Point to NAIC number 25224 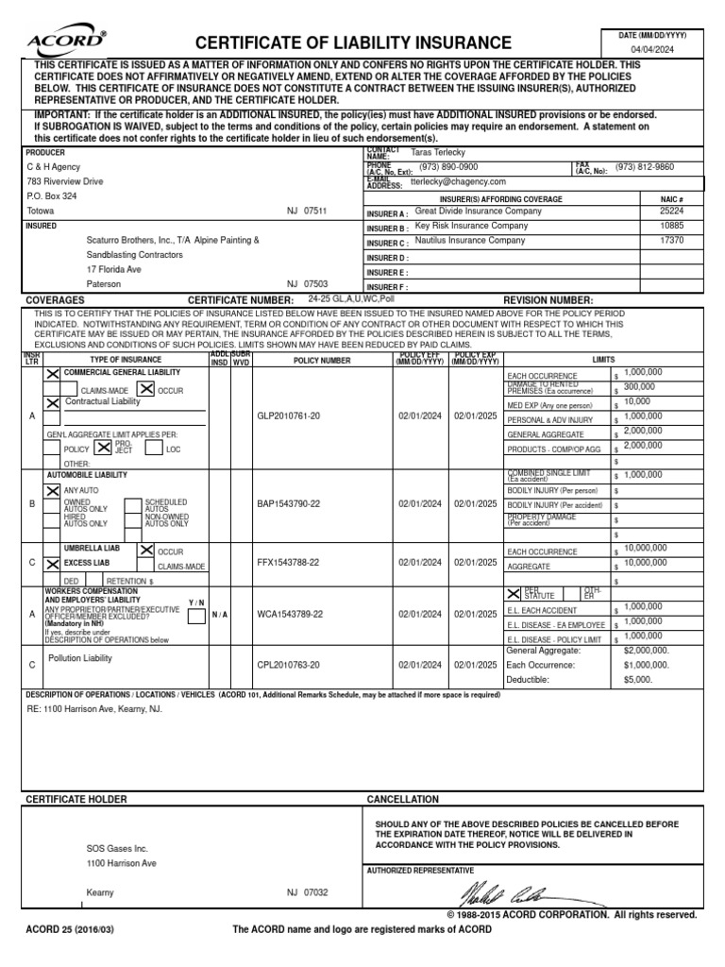(x=671, y=212)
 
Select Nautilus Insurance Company (x=470, y=241)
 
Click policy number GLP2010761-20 (x=289, y=415)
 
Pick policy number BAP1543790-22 (x=289, y=504)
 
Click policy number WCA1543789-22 (x=290, y=613)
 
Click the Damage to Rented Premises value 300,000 (x=639, y=386)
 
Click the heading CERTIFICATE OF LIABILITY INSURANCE (x=353, y=42)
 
